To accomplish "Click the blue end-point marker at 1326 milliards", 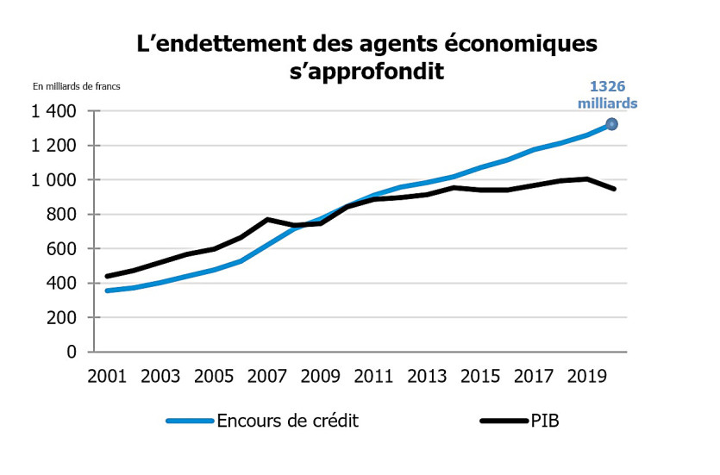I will point(612,124).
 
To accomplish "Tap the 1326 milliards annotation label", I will point(613,94).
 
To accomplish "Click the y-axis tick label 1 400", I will point(54,111).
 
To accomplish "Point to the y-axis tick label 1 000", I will point(54,180).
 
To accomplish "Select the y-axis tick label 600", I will point(61,249).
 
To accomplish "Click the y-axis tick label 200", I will point(61,318).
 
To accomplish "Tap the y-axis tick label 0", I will point(72,353).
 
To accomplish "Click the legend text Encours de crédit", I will point(287,421).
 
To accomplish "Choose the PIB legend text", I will point(545,421).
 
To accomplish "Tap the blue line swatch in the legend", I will point(190,421).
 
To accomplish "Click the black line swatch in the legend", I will point(504,421).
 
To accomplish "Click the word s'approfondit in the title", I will point(366,72).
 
